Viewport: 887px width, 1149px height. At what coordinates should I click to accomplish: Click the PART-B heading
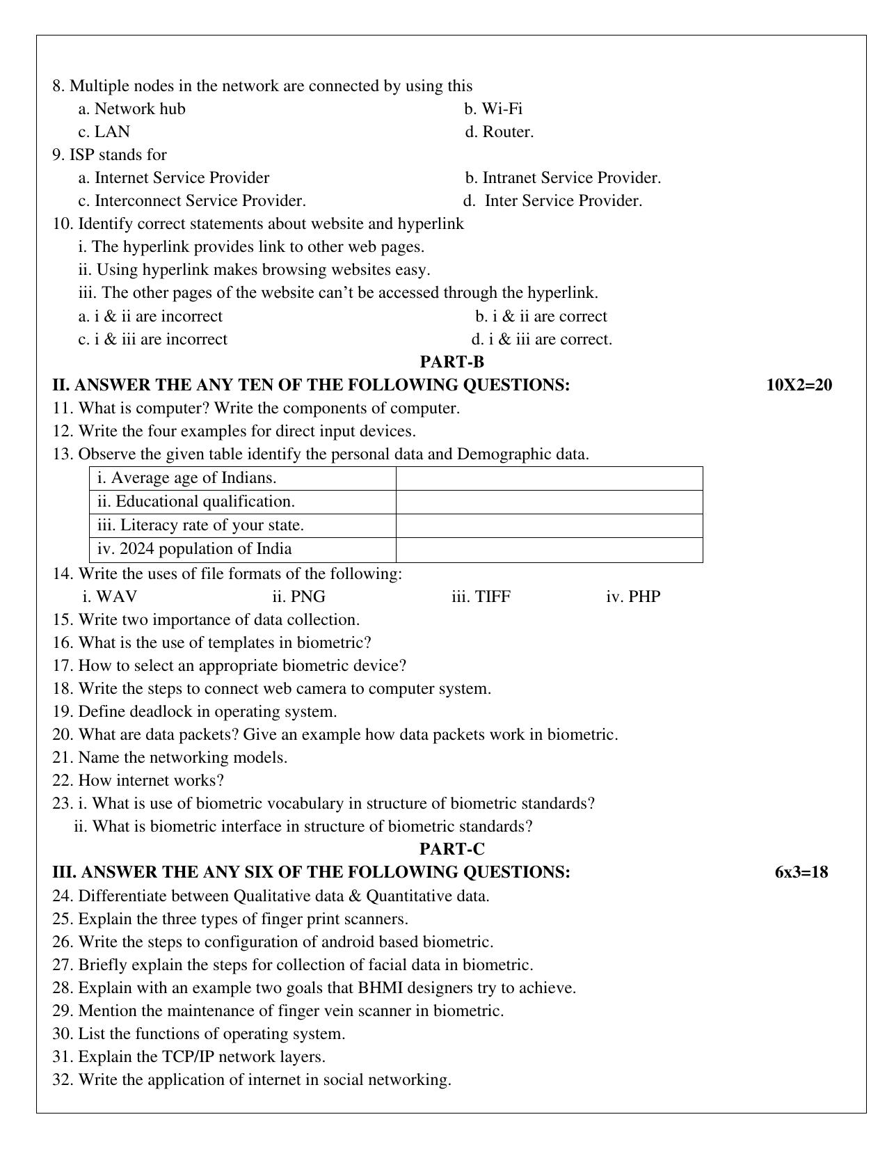click(452, 362)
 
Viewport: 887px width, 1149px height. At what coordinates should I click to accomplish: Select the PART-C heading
click(452, 849)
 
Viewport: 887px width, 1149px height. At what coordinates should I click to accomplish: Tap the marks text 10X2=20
click(799, 385)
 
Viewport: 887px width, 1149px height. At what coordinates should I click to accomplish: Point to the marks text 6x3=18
click(801, 872)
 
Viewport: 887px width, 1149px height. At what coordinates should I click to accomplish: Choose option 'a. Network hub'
click(131, 109)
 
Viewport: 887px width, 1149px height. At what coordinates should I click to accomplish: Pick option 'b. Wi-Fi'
click(493, 109)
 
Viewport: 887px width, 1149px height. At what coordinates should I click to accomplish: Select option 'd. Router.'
click(499, 132)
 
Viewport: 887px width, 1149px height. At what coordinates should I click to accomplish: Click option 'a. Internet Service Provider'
click(173, 177)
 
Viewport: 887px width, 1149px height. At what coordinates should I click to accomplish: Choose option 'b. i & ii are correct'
click(541, 316)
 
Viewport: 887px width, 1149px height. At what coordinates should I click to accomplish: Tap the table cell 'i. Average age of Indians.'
click(186, 478)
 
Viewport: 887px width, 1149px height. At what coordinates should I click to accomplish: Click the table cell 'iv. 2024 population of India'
click(194, 549)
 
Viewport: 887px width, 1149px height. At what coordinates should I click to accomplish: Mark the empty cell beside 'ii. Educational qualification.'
click(549, 502)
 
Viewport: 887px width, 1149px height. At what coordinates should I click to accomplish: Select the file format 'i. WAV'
click(109, 596)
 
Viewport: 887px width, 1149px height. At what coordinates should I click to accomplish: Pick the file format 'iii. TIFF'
click(481, 596)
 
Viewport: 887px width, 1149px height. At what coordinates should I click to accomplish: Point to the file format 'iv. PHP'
click(633, 596)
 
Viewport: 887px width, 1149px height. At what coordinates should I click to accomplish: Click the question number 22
click(61, 780)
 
